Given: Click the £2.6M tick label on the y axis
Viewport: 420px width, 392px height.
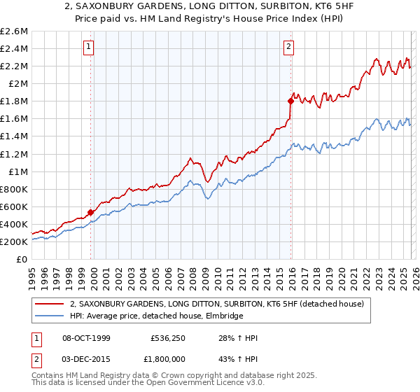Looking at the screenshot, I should click(15, 31).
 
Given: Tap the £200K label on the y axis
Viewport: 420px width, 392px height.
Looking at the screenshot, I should click(14, 241).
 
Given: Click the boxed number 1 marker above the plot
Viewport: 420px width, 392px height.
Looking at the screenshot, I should click(90, 47).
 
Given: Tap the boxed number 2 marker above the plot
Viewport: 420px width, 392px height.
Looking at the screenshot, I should click(288, 47).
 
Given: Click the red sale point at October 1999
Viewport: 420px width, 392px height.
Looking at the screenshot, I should click(90, 212).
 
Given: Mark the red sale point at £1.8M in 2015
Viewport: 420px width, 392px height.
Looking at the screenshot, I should click(290, 101).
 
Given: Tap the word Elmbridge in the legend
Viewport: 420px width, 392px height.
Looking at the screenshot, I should click(223, 316).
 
